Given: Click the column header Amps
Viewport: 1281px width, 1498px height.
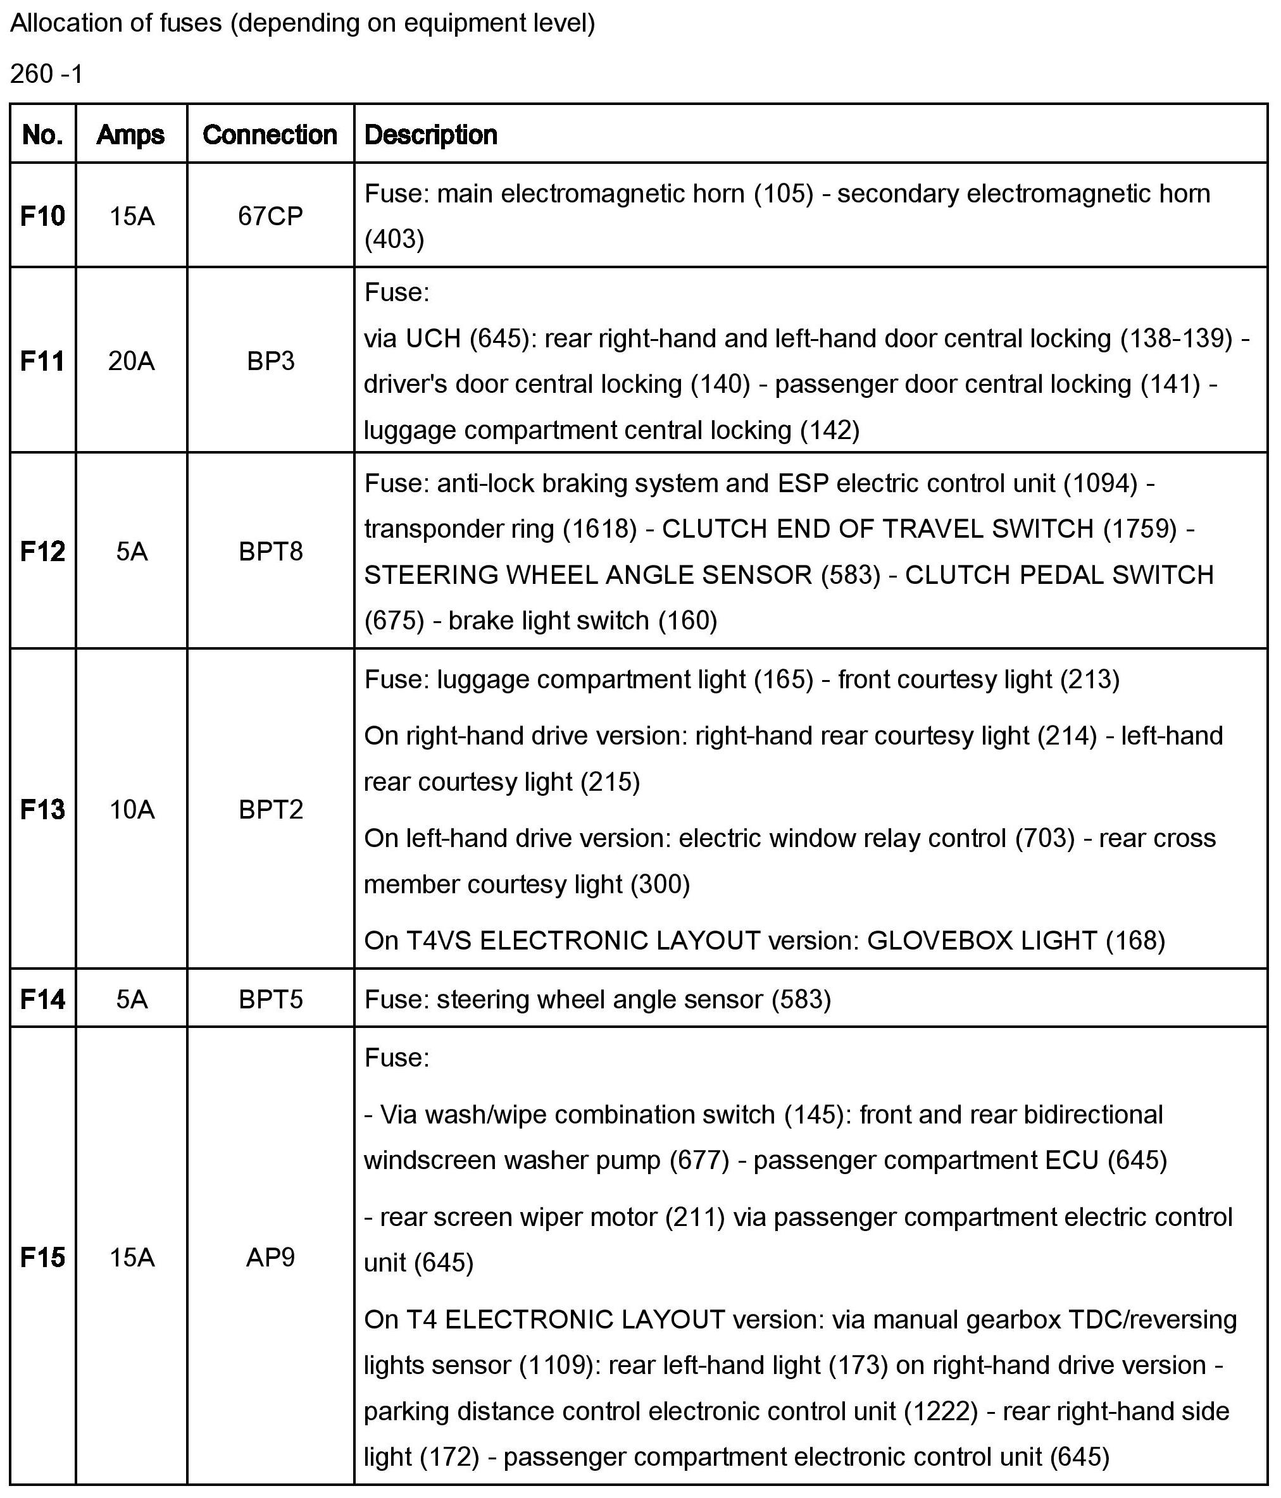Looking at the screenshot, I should (131, 135).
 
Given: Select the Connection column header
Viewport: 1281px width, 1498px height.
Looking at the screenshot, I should (270, 135).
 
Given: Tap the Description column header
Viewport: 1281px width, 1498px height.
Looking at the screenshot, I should (430, 135).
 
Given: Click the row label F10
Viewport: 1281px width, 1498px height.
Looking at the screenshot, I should (42, 216).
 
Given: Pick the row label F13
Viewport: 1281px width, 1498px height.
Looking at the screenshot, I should (42, 809).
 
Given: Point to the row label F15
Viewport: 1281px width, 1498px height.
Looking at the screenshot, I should (42, 1257).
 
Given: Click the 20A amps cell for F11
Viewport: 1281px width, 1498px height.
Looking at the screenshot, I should (131, 360).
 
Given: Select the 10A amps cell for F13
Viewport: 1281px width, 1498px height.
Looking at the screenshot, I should (131, 809).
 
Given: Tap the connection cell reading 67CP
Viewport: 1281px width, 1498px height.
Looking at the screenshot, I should (270, 216).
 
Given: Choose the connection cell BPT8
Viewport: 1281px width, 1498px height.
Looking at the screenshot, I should (270, 551).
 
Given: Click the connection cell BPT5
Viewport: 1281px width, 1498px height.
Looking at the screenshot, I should (270, 999).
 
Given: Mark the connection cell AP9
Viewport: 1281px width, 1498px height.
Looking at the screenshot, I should (270, 1257).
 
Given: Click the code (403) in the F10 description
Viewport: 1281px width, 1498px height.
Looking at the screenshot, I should (394, 239).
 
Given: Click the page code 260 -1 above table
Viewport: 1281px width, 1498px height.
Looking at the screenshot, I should (46, 74).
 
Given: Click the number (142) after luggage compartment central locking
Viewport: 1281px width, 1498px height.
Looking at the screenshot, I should (829, 430).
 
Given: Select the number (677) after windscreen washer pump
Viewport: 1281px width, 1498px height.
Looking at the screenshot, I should (699, 1160).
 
